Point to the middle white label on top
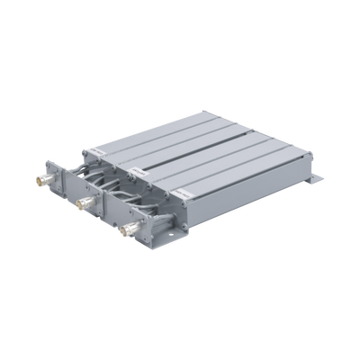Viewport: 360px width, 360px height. (135, 168)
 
